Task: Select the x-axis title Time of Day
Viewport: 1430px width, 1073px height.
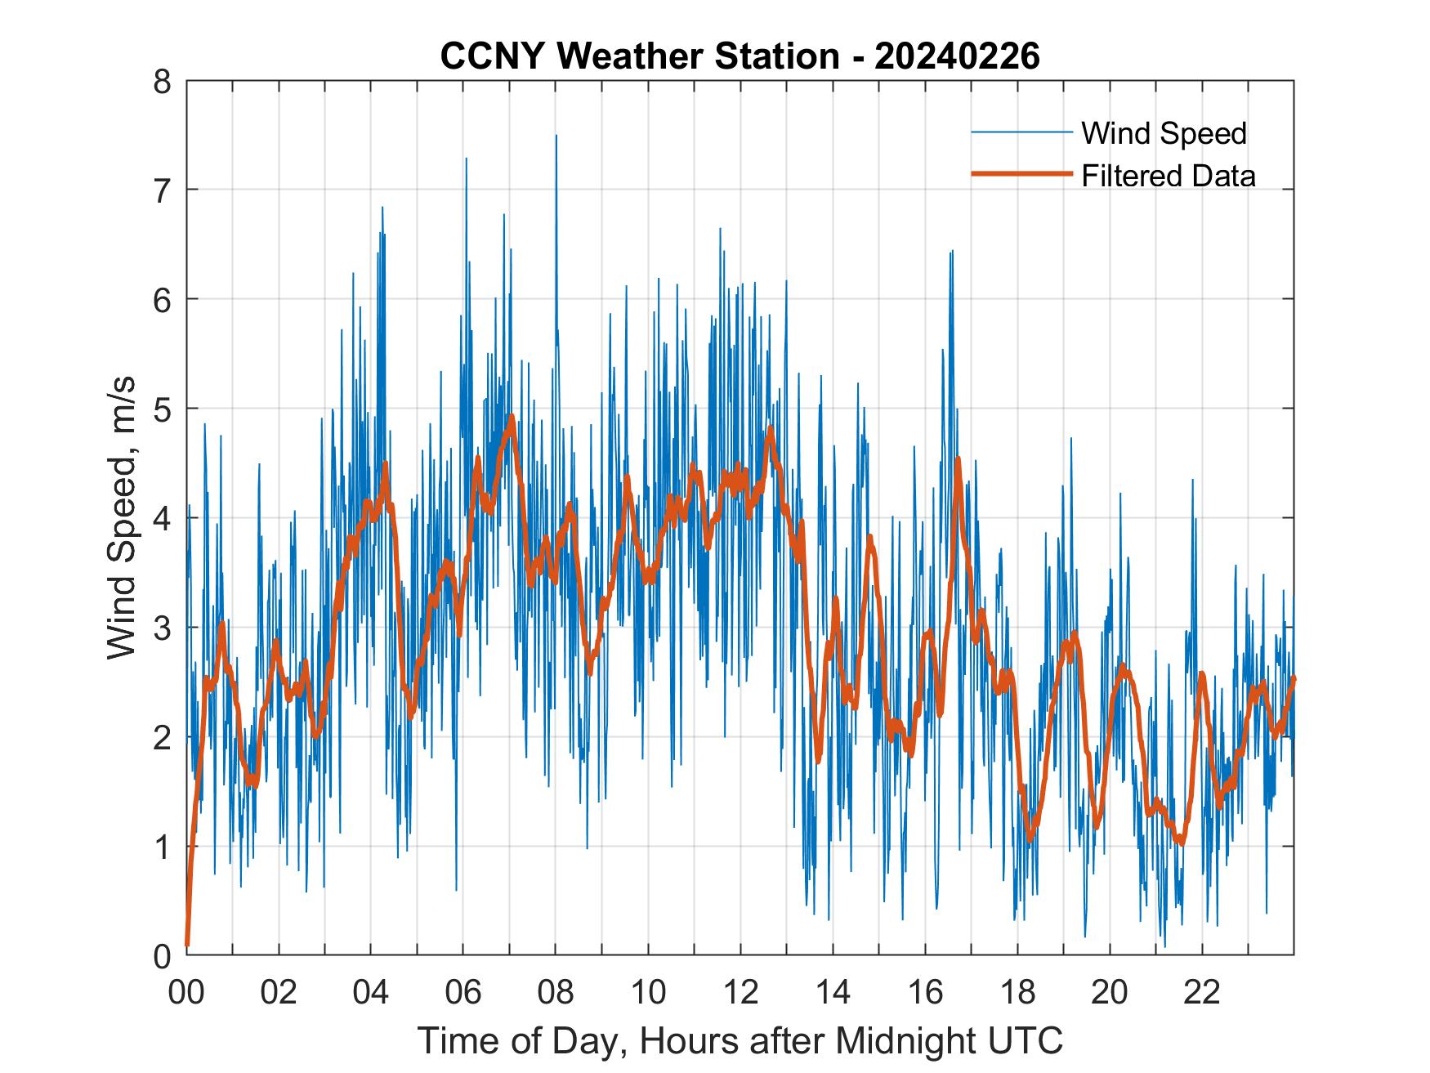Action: pyautogui.click(x=740, y=1041)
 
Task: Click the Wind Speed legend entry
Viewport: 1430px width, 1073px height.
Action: pyautogui.click(x=1164, y=133)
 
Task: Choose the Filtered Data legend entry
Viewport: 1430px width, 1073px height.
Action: pyautogui.click(x=1168, y=176)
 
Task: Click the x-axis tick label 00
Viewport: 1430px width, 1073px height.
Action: pyautogui.click(x=186, y=993)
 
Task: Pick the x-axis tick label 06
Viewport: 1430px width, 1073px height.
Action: pyautogui.click(x=463, y=993)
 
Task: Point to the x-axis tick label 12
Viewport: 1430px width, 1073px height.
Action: pyautogui.click(x=740, y=993)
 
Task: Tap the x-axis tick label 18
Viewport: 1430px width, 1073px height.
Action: pyautogui.click(x=1017, y=993)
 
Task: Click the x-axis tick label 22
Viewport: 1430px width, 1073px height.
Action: pyautogui.click(x=1202, y=993)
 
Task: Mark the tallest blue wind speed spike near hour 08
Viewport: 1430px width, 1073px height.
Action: pyautogui.click(x=556, y=136)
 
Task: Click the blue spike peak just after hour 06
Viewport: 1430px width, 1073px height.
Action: pyautogui.click(x=467, y=159)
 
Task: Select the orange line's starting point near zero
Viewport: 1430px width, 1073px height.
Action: pyautogui.click(x=188, y=944)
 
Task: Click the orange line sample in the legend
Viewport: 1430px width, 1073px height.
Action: pyautogui.click(x=1021, y=174)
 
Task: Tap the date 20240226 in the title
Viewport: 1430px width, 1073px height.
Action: pyautogui.click(x=957, y=57)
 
